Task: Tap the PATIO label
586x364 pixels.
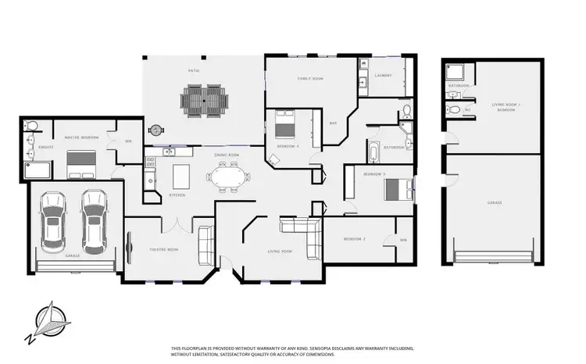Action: (193, 71)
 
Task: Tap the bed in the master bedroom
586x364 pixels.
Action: (81, 163)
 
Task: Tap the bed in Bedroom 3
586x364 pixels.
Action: (397, 188)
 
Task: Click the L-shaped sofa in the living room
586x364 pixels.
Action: (306, 235)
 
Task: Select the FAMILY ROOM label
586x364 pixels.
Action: (310, 79)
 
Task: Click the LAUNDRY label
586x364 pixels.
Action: (383, 76)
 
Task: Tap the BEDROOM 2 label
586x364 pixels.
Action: (354, 241)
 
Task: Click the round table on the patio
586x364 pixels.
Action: (155, 130)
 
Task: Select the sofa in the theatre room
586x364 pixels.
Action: (206, 245)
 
